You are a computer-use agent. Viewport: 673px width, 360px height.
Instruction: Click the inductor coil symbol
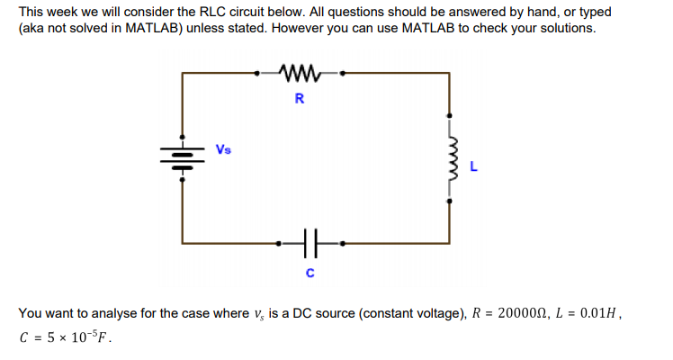coord(450,165)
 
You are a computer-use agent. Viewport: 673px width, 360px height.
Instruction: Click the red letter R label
coord(299,99)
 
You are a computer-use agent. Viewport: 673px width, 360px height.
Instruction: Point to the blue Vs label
coord(223,148)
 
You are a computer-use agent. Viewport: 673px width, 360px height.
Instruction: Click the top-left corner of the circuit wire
coord(183,70)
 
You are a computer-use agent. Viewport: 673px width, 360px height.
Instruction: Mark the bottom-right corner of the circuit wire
coord(450,241)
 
